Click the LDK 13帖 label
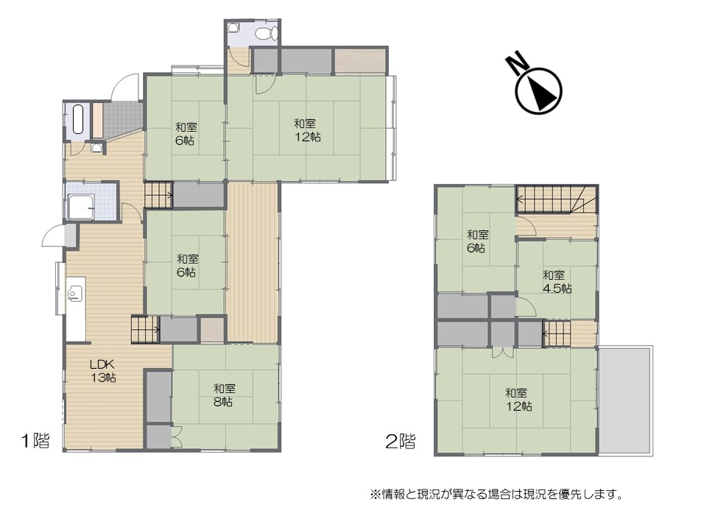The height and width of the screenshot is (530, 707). click(103, 370)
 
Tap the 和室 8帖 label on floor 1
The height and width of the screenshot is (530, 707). click(224, 395)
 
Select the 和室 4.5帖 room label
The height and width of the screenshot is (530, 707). click(557, 282)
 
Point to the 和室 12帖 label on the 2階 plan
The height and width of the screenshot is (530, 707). click(518, 400)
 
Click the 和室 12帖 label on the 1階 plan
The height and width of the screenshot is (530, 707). click(307, 130)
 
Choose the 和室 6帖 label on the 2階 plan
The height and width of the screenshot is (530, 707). click(477, 241)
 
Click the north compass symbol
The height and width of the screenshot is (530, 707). click(539, 91)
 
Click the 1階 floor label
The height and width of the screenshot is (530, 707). click(35, 440)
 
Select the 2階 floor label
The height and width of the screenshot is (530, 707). click(401, 441)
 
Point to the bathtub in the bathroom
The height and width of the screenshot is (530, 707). click(77, 119)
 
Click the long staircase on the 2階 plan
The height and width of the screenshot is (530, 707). click(557, 199)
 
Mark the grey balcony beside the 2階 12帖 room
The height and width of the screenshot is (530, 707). click(625, 400)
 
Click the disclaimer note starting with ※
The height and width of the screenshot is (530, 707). click(496, 495)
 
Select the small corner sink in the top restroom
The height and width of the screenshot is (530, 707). click(233, 27)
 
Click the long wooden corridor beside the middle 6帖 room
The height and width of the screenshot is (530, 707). click(252, 262)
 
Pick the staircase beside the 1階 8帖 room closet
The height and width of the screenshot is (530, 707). click(145, 330)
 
